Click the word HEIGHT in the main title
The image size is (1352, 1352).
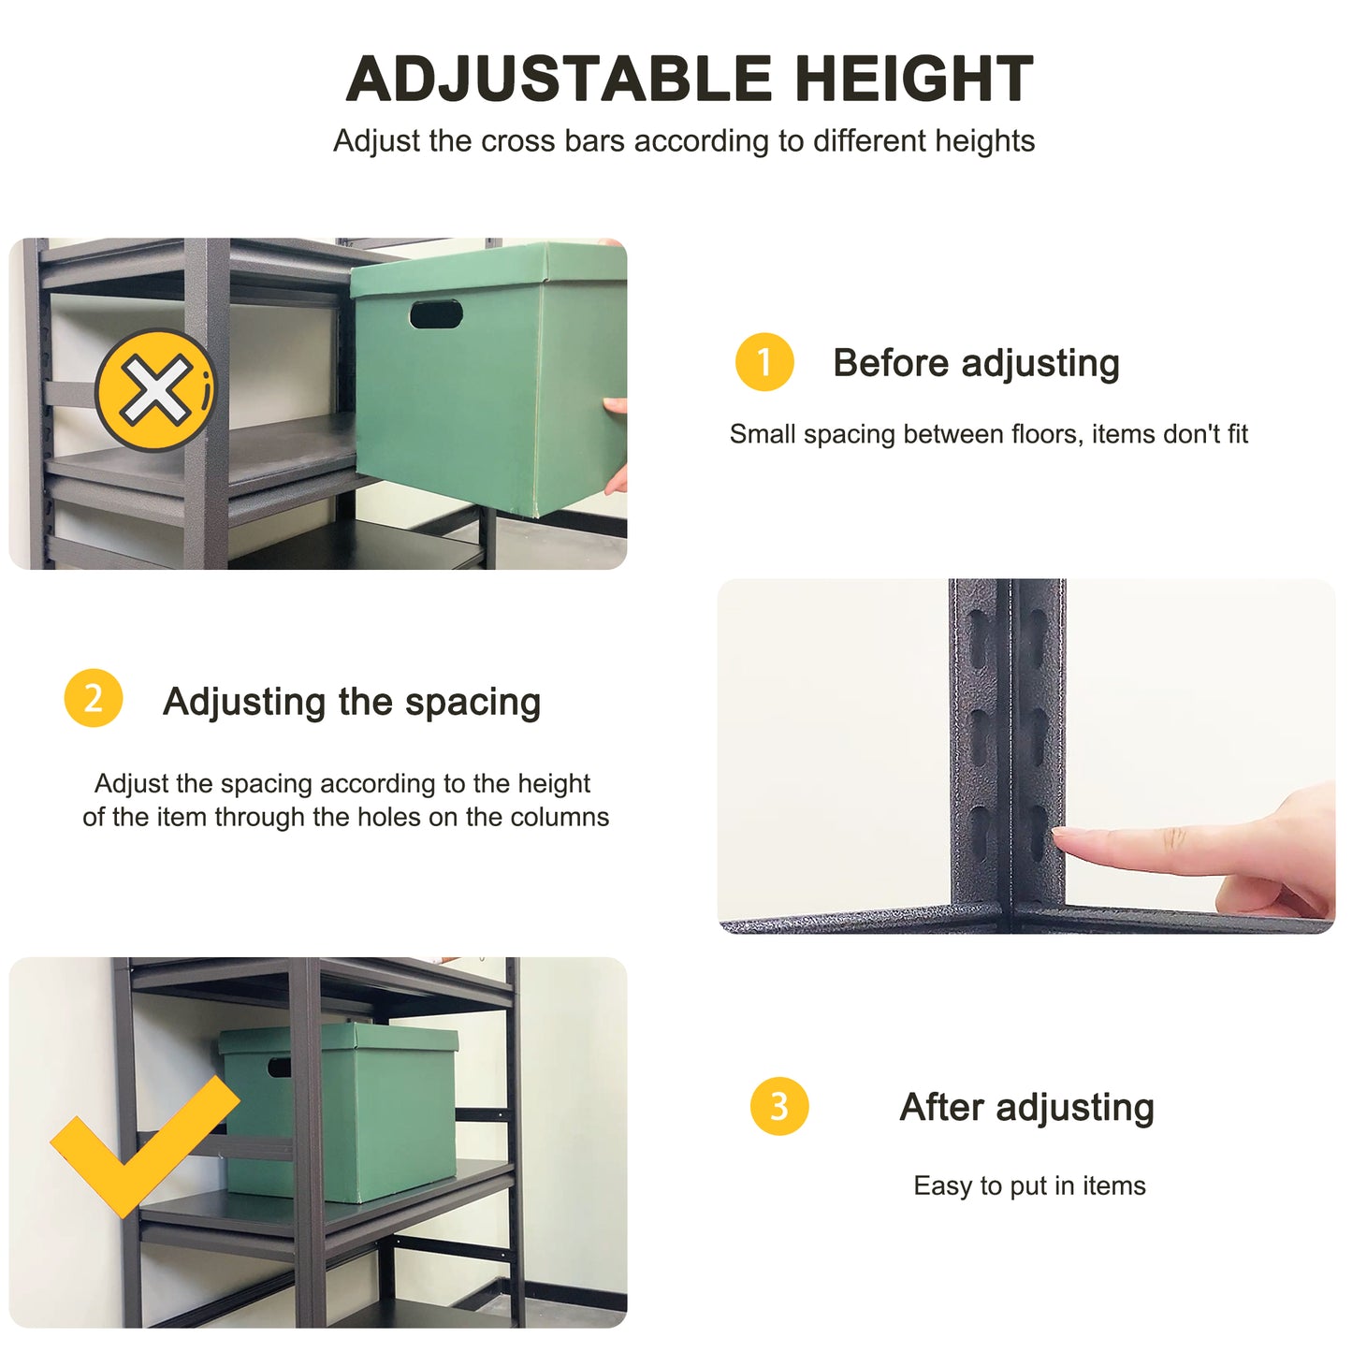click(914, 79)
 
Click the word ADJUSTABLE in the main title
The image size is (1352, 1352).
click(559, 79)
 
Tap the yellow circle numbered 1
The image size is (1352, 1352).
click(764, 362)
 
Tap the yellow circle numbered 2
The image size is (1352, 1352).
click(94, 698)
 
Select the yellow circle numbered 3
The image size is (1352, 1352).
click(779, 1107)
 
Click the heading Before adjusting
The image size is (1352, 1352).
click(976, 363)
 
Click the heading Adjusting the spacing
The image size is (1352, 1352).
click(352, 702)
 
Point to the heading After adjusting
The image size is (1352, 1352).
click(1026, 1108)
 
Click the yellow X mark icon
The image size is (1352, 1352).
click(155, 390)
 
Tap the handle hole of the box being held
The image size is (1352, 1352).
click(436, 314)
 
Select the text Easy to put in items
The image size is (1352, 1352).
click(1029, 1185)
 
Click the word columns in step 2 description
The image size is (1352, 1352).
click(560, 817)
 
